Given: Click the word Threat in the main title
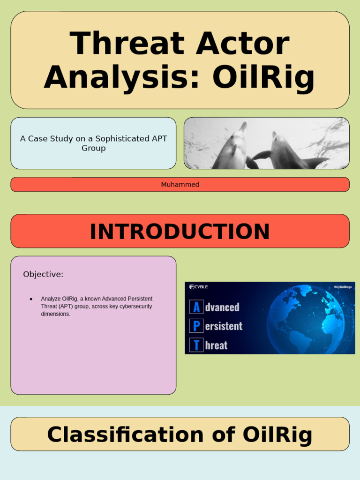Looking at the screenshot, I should tap(127, 44).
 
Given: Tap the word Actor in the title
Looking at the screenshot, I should tap(243, 44).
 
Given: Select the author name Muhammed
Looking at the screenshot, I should tap(180, 185).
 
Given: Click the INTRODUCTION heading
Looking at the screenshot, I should tap(180, 232).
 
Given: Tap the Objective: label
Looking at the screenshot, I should tap(43, 274).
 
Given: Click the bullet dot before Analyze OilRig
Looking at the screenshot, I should tap(31, 299).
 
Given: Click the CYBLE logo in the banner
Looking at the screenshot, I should tap(199, 287).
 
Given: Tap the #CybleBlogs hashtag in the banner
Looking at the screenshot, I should tap(342, 287).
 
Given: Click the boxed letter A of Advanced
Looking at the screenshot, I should tap(196, 307).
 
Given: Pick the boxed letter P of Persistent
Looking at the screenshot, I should tap(196, 326).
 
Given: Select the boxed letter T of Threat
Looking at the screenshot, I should tap(196, 345).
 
